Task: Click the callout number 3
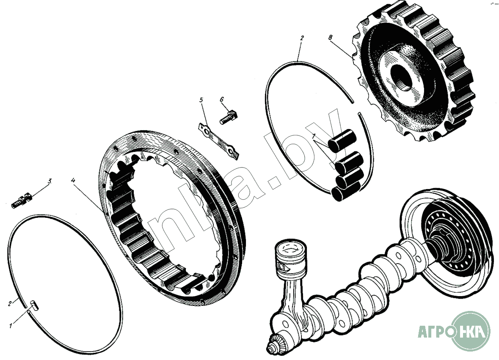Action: coord(50,181)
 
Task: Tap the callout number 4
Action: coord(73,181)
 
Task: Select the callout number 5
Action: coord(201,100)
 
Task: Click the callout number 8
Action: coord(330,38)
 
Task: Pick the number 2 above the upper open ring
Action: coord(302,38)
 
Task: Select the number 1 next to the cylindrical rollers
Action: coord(314,136)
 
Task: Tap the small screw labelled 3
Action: coord(21,201)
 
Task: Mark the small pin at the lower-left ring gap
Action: coord(34,304)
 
